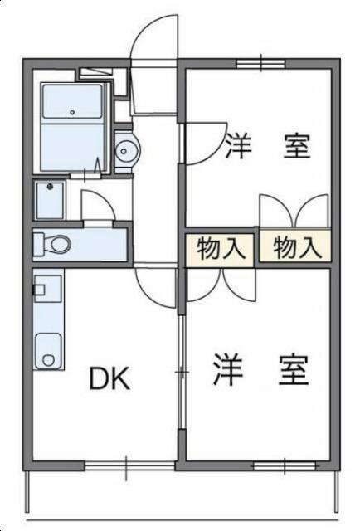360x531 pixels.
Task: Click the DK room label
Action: click(109, 379)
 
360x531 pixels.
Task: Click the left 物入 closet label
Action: click(219, 247)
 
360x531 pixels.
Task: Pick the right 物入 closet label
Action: click(295, 246)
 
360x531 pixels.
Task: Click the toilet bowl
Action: click(58, 245)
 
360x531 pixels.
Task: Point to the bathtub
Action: click(72, 104)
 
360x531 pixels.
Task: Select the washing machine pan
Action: click(50, 199)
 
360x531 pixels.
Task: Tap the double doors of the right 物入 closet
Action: click(295, 211)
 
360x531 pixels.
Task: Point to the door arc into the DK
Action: click(156, 287)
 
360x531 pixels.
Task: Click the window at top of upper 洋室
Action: click(260, 62)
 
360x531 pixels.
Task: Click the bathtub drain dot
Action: click(72, 112)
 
